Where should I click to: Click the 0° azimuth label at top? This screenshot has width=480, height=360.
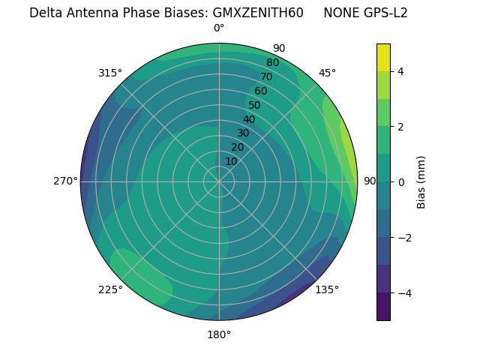click(x=219, y=28)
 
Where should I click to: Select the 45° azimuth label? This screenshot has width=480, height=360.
click(x=327, y=73)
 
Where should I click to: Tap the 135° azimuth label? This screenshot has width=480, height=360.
click(x=327, y=289)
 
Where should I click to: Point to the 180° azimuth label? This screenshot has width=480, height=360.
click(x=219, y=334)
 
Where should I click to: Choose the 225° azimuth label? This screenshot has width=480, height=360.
click(x=110, y=290)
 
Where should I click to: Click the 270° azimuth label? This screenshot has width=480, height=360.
click(x=65, y=181)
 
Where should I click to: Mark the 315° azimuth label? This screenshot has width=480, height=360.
click(x=110, y=73)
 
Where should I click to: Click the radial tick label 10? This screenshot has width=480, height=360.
click(x=231, y=161)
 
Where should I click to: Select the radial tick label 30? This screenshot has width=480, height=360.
click(x=243, y=133)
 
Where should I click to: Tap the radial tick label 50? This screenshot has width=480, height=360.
click(x=254, y=105)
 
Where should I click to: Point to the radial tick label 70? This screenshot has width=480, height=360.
click(x=266, y=76)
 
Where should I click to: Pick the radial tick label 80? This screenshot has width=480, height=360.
click(x=272, y=63)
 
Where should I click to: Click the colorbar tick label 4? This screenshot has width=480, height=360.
click(x=400, y=71)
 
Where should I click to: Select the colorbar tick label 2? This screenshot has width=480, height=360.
click(x=400, y=127)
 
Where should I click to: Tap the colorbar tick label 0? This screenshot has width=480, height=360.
click(x=400, y=181)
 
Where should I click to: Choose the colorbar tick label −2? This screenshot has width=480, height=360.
click(x=403, y=237)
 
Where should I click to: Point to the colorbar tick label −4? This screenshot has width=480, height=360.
click(x=403, y=292)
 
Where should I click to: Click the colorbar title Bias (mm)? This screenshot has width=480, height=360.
click(x=421, y=181)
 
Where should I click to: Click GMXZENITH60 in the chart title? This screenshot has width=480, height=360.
click(x=258, y=13)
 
